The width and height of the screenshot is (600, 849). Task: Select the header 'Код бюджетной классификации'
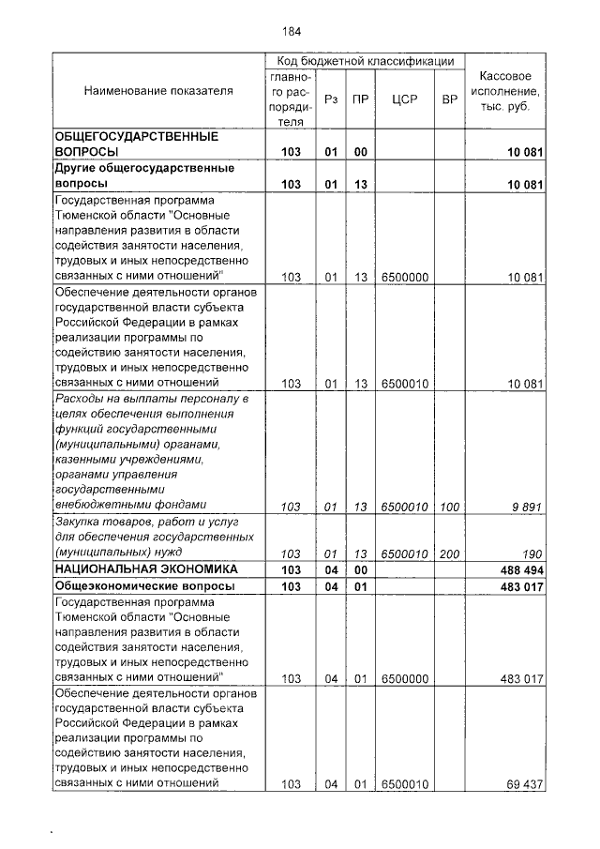tap(365, 60)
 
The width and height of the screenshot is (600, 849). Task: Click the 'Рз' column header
tap(330, 99)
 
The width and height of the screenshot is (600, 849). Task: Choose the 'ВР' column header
tap(449, 99)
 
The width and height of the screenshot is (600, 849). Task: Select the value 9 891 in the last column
tap(527, 507)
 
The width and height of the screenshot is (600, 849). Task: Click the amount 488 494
tap(520, 569)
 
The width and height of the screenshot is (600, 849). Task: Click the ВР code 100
tap(449, 507)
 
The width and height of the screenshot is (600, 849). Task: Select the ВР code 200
tap(449, 553)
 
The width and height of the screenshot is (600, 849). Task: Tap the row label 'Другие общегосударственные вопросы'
tap(142, 176)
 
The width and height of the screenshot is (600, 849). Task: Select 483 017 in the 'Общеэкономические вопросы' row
tap(520, 585)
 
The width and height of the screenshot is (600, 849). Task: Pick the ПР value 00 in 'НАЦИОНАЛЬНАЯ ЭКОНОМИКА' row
tap(360, 569)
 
